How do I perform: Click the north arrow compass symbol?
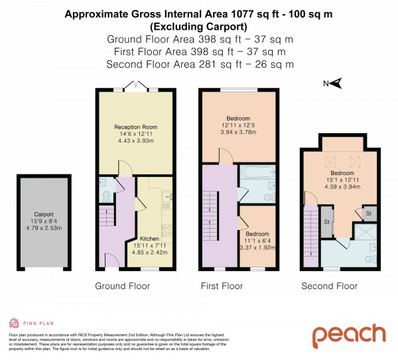pyautogui.click(x=335, y=83)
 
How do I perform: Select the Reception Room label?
pyautogui.click(x=135, y=127)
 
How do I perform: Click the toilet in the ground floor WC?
pyautogui.click(x=105, y=195)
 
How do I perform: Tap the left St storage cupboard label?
pyautogui.click(x=327, y=222)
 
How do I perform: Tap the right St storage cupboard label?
pyautogui.click(x=367, y=213)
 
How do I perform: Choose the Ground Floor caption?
pyautogui.click(x=122, y=286)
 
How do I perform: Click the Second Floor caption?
pyautogui.click(x=329, y=286)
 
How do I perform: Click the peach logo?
pyautogui.click(x=349, y=335)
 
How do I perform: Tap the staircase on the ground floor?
pyautogui.click(x=106, y=224)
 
